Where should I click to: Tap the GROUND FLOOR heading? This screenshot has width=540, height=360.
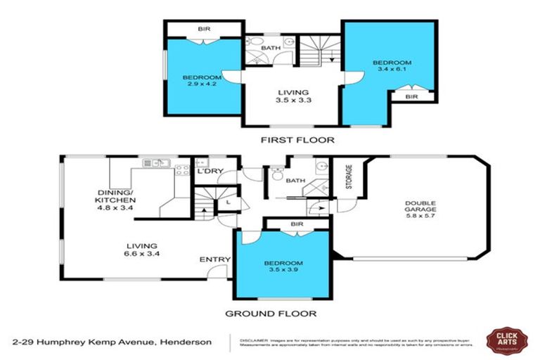click(x=270, y=314)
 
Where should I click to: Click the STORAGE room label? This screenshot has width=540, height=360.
click(x=347, y=178)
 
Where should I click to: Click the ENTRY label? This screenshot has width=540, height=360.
click(x=214, y=259)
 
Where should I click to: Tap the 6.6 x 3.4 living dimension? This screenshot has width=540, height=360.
click(x=137, y=253)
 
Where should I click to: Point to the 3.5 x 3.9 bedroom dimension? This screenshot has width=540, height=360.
click(x=283, y=271)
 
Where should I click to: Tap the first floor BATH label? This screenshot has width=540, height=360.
click(x=271, y=49)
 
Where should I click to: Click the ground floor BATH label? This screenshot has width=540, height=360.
click(x=295, y=181)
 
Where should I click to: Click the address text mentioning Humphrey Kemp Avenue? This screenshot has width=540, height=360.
click(x=112, y=342)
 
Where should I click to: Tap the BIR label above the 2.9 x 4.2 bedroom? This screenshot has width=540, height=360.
click(x=204, y=30)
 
